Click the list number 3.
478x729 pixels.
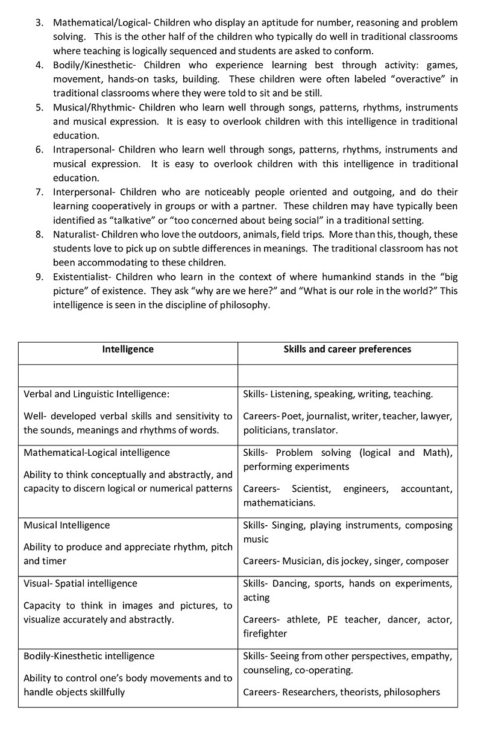(39, 22)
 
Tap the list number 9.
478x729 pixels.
(39, 277)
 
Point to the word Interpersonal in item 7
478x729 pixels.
(83, 192)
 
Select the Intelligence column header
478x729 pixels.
(128, 349)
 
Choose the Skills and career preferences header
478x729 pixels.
(347, 349)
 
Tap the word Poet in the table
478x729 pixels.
(292, 416)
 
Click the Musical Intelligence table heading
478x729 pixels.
(66, 525)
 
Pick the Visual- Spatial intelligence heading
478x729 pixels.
(80, 583)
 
